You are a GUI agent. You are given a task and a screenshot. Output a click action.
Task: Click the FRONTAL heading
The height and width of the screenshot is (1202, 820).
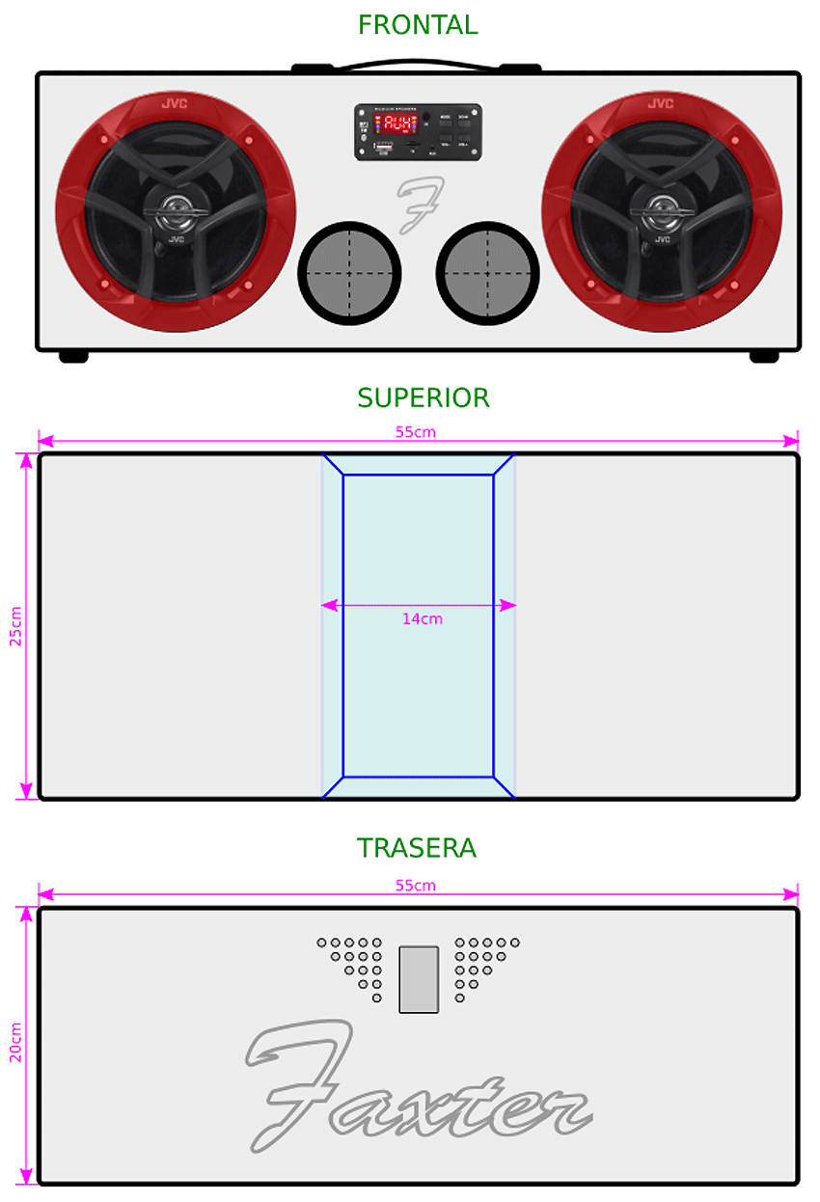pos(418,25)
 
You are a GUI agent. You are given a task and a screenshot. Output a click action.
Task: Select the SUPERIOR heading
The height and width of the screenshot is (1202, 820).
pos(423,397)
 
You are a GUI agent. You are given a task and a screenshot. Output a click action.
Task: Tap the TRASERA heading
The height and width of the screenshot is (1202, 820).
pos(417,848)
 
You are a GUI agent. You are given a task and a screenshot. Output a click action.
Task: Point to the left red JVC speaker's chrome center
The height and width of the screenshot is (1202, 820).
pos(175,207)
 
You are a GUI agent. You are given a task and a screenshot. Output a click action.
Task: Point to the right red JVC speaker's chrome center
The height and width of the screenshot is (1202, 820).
pos(662,207)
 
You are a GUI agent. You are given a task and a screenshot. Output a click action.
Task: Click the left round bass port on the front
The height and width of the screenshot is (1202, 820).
pos(349,273)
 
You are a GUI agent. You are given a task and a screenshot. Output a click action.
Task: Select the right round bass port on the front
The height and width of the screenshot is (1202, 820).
pos(487,273)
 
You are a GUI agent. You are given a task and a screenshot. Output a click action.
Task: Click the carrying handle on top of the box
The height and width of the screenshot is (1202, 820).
pos(417,68)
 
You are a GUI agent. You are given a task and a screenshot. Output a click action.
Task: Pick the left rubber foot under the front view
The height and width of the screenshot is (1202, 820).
pos(73,357)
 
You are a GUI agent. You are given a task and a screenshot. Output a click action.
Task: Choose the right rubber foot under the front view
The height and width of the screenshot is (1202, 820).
pos(764,357)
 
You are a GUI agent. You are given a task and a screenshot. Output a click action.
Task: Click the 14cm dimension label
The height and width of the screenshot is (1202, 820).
pos(423,619)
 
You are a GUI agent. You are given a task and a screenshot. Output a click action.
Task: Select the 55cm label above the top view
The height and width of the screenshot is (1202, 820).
pos(416,432)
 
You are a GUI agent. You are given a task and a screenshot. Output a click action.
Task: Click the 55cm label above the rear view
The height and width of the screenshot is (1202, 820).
pos(416,886)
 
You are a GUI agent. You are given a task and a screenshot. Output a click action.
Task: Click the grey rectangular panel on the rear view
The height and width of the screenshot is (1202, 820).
pos(419,979)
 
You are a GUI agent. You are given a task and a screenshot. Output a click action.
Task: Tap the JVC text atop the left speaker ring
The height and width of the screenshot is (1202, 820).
pos(175,103)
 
